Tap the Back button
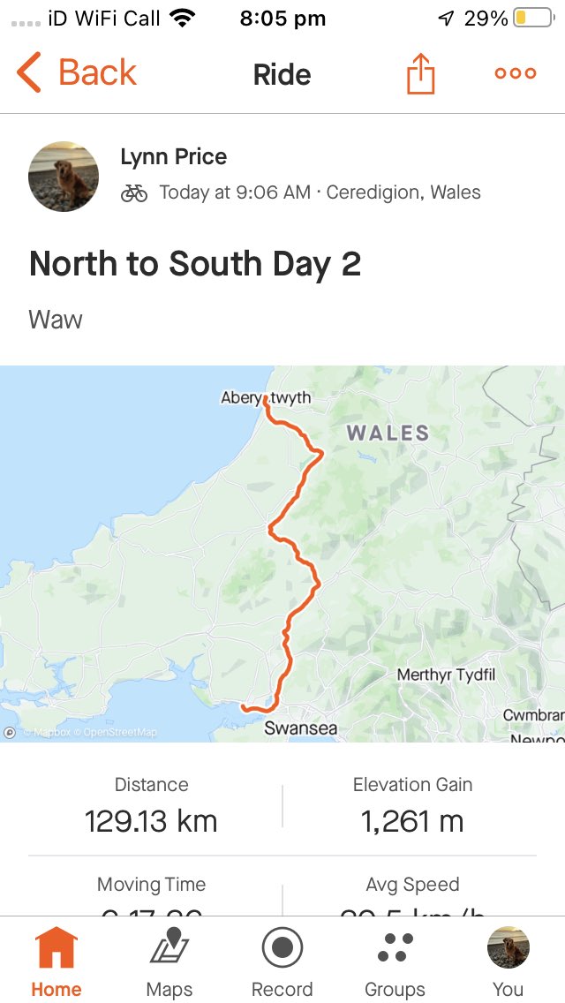pos(78,73)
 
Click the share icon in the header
pos(421,73)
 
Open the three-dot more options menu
pos(516,73)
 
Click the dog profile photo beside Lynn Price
pos(64,177)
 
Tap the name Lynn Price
pos(173,157)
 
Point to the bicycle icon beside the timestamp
pos(134,193)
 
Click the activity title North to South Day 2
pos(195,264)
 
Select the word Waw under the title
pos(56,319)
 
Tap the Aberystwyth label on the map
pos(266,397)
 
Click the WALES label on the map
pos(388,433)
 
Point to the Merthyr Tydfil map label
pos(446,675)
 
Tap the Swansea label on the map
pos(300,729)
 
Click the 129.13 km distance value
pos(151,822)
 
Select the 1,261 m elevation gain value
pos(412,822)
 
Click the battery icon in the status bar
pos(532,19)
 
